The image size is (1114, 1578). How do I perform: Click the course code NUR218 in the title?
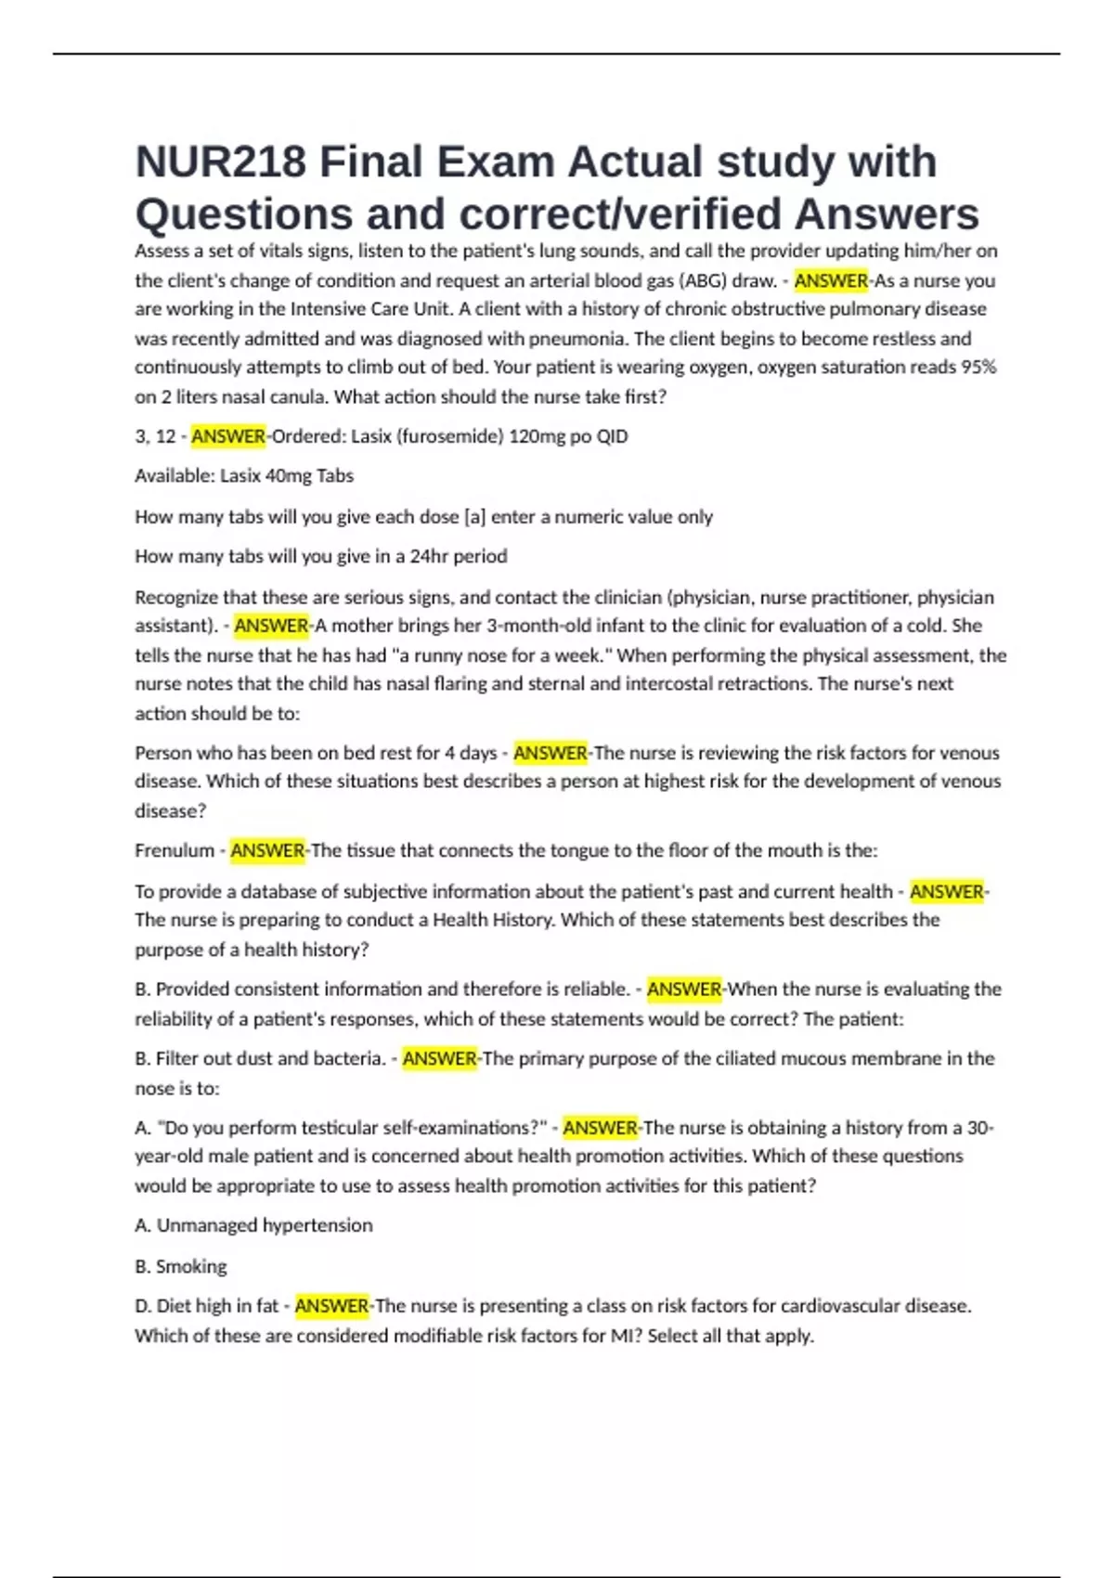[221, 162]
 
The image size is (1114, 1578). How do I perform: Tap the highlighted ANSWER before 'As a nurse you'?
[831, 280]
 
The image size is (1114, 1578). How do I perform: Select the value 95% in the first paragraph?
[978, 368]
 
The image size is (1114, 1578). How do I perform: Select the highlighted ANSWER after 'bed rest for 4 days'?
[551, 753]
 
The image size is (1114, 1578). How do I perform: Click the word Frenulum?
[175, 850]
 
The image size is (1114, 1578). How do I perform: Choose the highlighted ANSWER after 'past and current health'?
[946, 892]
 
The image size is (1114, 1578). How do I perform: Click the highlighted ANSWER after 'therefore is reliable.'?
[684, 989]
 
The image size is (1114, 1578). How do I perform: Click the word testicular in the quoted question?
[334, 1128]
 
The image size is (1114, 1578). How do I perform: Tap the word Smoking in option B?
[191, 1267]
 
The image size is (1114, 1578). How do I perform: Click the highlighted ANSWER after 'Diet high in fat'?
[331, 1306]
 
